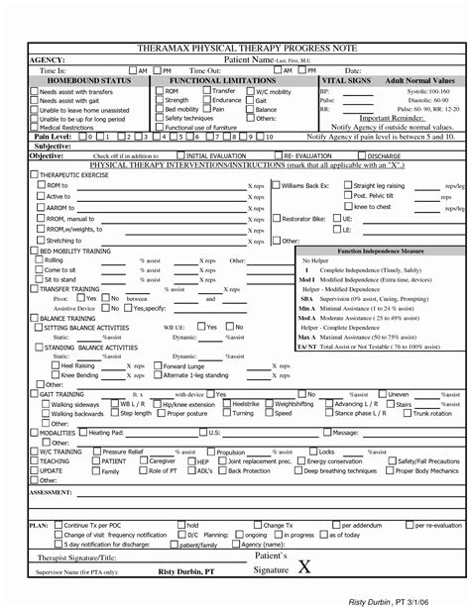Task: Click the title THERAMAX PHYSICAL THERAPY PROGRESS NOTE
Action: [234, 46]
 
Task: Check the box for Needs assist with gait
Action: [36, 100]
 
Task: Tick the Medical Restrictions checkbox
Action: [36, 127]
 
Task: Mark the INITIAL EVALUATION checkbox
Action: [179, 155]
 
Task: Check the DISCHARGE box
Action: [361, 155]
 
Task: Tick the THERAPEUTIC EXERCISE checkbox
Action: [35, 173]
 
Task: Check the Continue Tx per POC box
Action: [59, 524]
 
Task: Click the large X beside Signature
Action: [303, 566]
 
